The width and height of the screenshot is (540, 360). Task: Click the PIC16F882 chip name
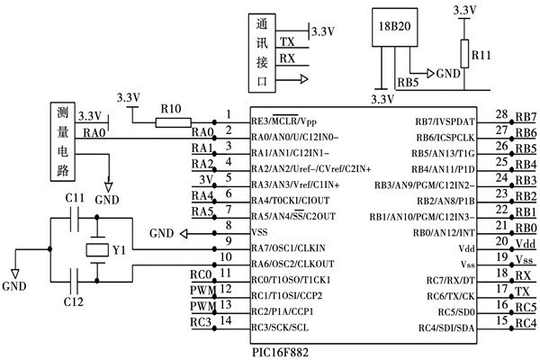point(280,352)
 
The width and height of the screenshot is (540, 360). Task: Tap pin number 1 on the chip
point(229,114)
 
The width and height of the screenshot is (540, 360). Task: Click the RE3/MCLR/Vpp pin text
point(283,121)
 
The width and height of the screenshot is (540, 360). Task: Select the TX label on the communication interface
point(287,42)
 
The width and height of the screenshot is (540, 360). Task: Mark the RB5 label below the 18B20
point(407,81)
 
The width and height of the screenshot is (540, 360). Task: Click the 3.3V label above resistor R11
point(464,10)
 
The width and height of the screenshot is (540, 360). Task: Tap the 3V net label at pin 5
point(202,179)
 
